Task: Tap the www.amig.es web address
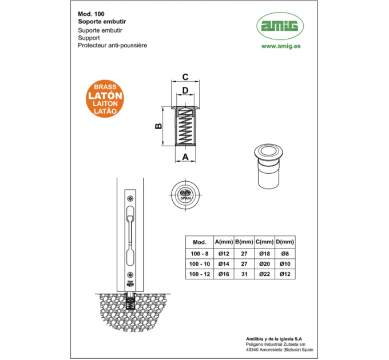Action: pyautogui.click(x=281, y=46)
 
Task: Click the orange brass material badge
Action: pyautogui.click(x=105, y=99)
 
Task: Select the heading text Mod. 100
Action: pyautogui.click(x=91, y=14)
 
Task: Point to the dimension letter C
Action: pyautogui.click(x=185, y=77)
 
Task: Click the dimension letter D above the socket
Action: pyautogui.click(x=185, y=90)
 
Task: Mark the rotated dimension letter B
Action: pyautogui.click(x=158, y=126)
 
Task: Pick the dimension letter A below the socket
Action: pyautogui.click(x=185, y=157)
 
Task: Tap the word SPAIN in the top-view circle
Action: pyautogui.click(x=185, y=198)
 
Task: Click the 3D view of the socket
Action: pyautogui.click(x=268, y=166)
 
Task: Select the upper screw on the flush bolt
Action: pyautogui.click(x=130, y=198)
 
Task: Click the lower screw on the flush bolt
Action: pyautogui.click(x=130, y=275)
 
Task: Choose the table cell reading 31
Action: pyautogui.click(x=244, y=274)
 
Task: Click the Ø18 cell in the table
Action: pyautogui.click(x=265, y=254)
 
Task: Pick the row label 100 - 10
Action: pyautogui.click(x=200, y=264)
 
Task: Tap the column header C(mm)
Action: pyautogui.click(x=265, y=242)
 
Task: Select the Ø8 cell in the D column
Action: pyautogui.click(x=285, y=254)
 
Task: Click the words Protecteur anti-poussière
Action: pyautogui.click(x=112, y=45)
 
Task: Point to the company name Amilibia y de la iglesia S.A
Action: pyautogui.click(x=274, y=339)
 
